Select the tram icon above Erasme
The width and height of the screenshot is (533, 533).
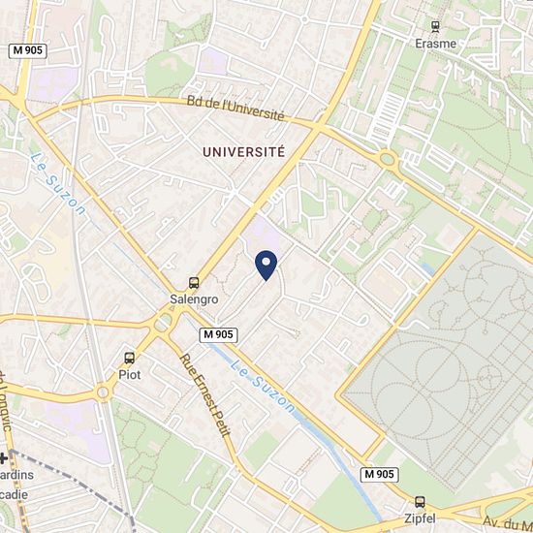pos(434,27)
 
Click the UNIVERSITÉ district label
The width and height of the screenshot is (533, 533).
pos(244,152)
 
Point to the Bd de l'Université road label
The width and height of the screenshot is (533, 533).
pos(235,107)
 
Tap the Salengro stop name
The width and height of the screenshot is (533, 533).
pos(194,299)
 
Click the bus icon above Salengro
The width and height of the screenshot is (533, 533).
pos(194,284)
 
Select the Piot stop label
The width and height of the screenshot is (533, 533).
pos(130,373)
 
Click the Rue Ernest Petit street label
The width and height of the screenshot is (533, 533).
pos(204,394)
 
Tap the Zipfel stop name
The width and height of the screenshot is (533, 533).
pos(420,517)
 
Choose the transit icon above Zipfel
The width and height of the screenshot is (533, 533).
pos(420,502)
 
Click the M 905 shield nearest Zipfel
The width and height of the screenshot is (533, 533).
pos(381,474)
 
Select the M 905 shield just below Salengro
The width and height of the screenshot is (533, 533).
pos(219,334)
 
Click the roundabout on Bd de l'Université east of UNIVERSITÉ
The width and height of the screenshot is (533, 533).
pos(389,159)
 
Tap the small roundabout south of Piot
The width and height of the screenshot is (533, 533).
pos(102,392)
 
